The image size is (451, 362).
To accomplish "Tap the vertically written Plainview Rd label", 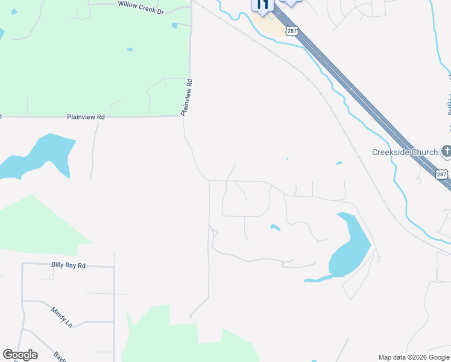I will (188, 97).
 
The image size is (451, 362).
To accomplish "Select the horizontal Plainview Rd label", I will (86, 116).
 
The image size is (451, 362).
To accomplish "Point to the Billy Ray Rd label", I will (68, 265).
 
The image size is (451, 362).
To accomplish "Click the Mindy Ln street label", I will (61, 316).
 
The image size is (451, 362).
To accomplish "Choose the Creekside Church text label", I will (405, 152).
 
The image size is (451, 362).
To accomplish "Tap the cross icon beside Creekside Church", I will (446, 150).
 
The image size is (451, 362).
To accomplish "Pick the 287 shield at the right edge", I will (442, 174).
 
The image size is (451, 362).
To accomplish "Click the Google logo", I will (20, 355).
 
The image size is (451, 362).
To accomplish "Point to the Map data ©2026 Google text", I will (414, 357).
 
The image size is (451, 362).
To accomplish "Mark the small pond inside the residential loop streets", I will (275, 227).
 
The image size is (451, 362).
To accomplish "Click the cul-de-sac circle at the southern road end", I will (191, 316).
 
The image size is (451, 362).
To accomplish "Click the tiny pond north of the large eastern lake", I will (339, 163).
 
